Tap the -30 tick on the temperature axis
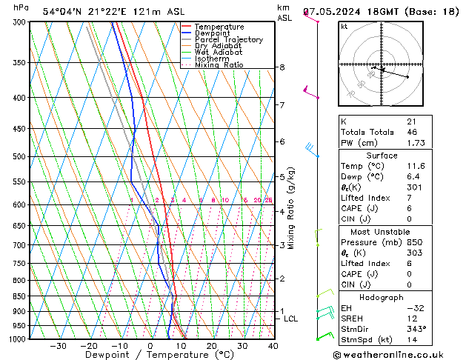coord(58,346)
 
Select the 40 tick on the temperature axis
coord(273,346)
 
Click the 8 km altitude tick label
coord(282,67)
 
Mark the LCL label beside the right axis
coord(291,319)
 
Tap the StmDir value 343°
coord(416,328)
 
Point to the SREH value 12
coord(411,318)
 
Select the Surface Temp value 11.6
coord(413,167)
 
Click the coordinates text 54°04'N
coord(64,12)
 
